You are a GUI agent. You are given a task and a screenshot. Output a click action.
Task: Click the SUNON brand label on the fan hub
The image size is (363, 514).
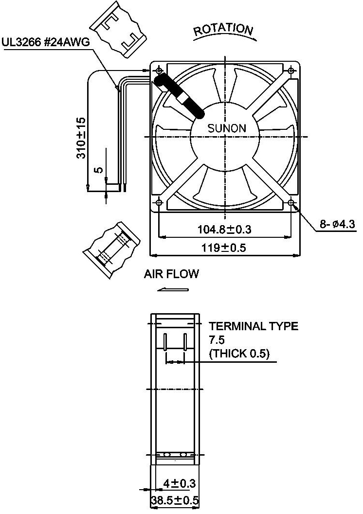click(227, 128)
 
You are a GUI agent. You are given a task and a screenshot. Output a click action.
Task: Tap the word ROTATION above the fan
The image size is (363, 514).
click(223, 31)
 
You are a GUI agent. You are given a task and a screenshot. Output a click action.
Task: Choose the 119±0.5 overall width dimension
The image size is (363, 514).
click(224, 248)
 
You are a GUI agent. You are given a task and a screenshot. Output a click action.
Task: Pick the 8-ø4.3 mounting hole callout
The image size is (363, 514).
click(338, 224)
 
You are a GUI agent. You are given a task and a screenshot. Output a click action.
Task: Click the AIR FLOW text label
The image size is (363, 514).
click(171, 274)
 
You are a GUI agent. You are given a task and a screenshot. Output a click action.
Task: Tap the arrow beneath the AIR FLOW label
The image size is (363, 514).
click(173, 290)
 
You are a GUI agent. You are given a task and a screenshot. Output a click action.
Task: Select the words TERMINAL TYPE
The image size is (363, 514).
click(254, 326)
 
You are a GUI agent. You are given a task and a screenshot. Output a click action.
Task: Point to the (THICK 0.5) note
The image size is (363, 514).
click(239, 354)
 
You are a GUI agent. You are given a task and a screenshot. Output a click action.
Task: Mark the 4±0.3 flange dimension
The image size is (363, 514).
click(179, 483)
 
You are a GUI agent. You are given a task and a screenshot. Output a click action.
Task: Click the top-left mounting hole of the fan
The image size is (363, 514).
click(160, 71)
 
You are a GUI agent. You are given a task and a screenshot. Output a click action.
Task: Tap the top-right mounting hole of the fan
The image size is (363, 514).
click(291, 71)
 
